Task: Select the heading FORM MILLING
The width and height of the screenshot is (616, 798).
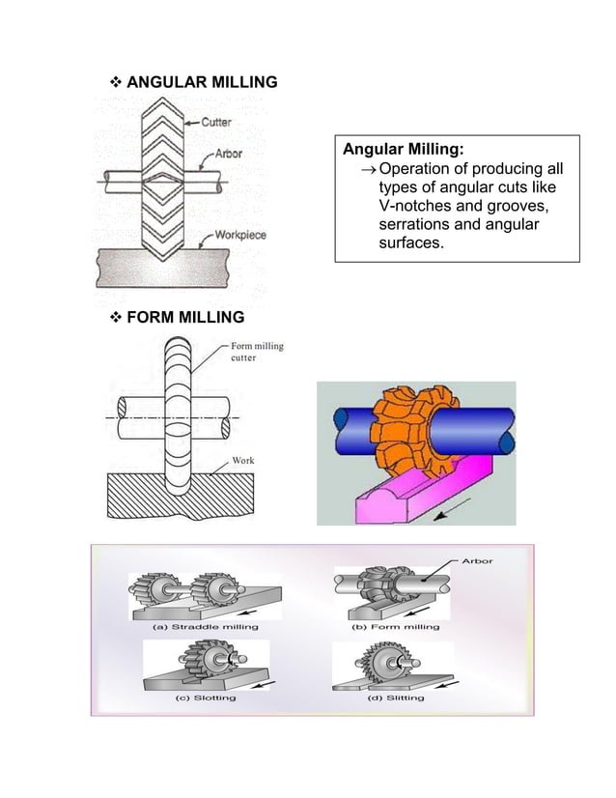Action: (185, 318)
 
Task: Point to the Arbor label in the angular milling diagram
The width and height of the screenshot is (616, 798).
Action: (229, 153)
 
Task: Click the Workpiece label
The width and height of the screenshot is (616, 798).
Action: (240, 235)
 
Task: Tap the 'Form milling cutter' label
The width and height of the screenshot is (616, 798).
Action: (256, 352)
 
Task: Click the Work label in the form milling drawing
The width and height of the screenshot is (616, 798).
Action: (243, 460)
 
